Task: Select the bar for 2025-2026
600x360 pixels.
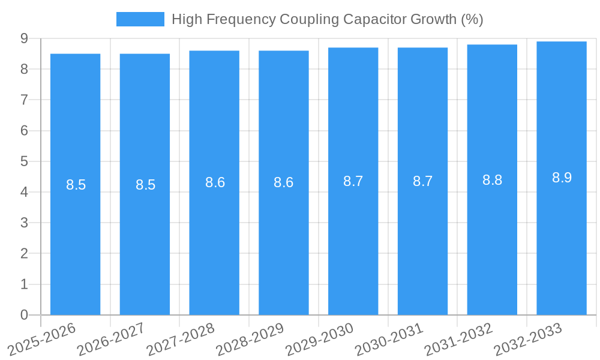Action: [75, 240]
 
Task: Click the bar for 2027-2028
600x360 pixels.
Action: [214, 240]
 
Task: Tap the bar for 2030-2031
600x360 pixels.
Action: [422, 240]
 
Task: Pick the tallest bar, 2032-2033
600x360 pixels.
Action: [562, 240]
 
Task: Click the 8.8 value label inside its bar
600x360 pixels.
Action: [492, 180]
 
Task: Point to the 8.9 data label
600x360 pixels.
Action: [562, 178]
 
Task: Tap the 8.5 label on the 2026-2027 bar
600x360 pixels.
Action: [145, 185]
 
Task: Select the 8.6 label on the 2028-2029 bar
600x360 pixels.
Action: [283, 182]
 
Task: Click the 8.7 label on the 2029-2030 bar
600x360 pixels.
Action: [353, 181]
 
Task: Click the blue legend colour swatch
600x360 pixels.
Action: [140, 19]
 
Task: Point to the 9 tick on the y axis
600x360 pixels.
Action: [24, 38]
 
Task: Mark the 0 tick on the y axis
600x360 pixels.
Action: [24, 314]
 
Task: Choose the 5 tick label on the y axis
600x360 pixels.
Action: [24, 161]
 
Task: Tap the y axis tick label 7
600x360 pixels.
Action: [24, 100]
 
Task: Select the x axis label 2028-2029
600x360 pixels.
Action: [251, 338]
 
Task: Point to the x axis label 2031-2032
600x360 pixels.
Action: [459, 338]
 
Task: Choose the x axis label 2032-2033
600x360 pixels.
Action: [529, 338]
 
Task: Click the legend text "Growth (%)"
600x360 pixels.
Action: [446, 19]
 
